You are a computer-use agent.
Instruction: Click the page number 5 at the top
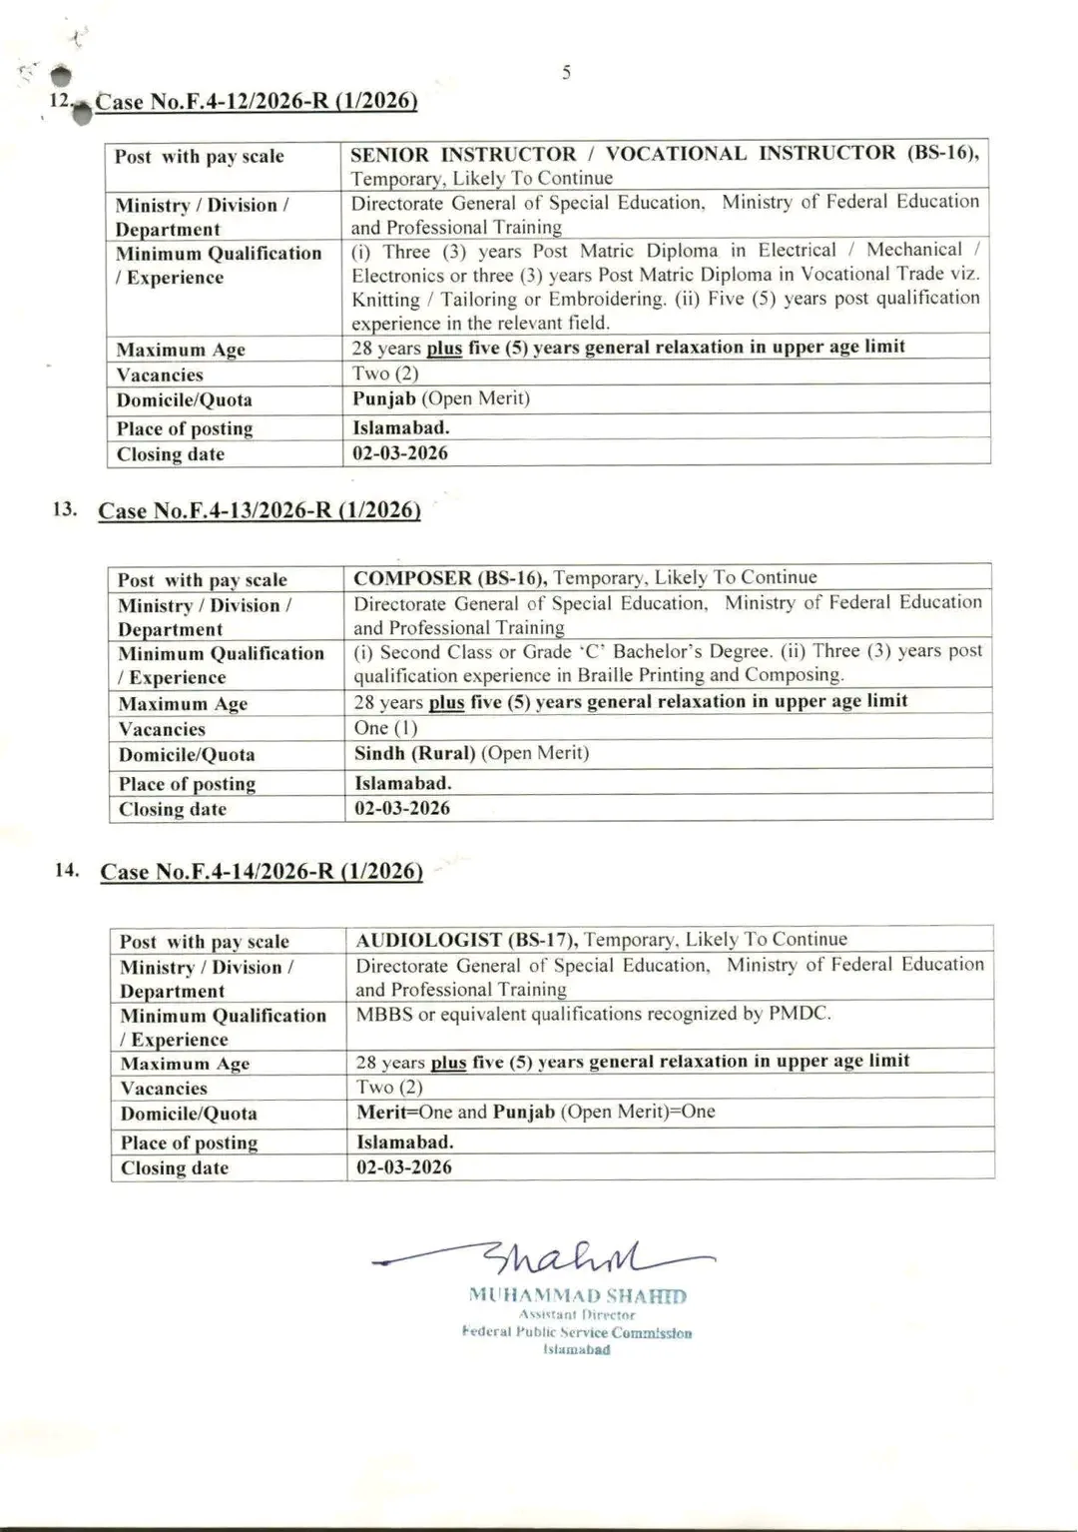(x=566, y=72)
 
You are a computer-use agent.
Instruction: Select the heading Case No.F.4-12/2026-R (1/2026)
(x=257, y=101)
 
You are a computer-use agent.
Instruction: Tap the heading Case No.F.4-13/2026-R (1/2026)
(x=259, y=510)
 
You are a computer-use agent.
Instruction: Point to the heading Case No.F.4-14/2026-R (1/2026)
(x=261, y=871)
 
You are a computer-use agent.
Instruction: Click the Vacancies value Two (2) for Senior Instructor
(x=385, y=374)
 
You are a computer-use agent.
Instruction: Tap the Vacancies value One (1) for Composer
(x=385, y=728)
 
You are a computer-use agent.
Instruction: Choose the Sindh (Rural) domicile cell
(x=471, y=753)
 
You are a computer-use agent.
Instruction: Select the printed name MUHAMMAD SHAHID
(x=577, y=1296)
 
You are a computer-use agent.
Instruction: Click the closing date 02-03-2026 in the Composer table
(x=401, y=807)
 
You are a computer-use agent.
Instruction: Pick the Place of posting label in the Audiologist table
(x=189, y=1143)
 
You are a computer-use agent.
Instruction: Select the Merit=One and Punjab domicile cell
(x=535, y=1112)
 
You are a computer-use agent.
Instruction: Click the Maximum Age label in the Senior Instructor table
(x=181, y=350)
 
